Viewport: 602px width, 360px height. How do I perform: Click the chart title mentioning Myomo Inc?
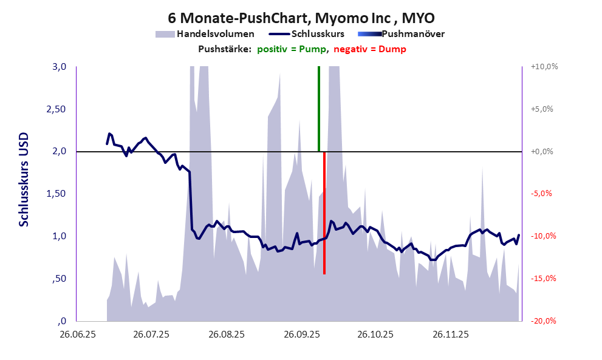click(x=301, y=16)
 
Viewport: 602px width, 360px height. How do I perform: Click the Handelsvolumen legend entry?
click(x=207, y=34)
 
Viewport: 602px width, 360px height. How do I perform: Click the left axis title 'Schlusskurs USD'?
click(x=24, y=181)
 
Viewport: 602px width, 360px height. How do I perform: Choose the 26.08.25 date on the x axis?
click(x=226, y=335)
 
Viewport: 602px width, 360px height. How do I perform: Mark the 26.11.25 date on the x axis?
click(x=450, y=335)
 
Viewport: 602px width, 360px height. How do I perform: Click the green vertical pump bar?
click(x=318, y=109)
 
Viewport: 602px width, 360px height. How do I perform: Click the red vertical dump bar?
click(x=324, y=212)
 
